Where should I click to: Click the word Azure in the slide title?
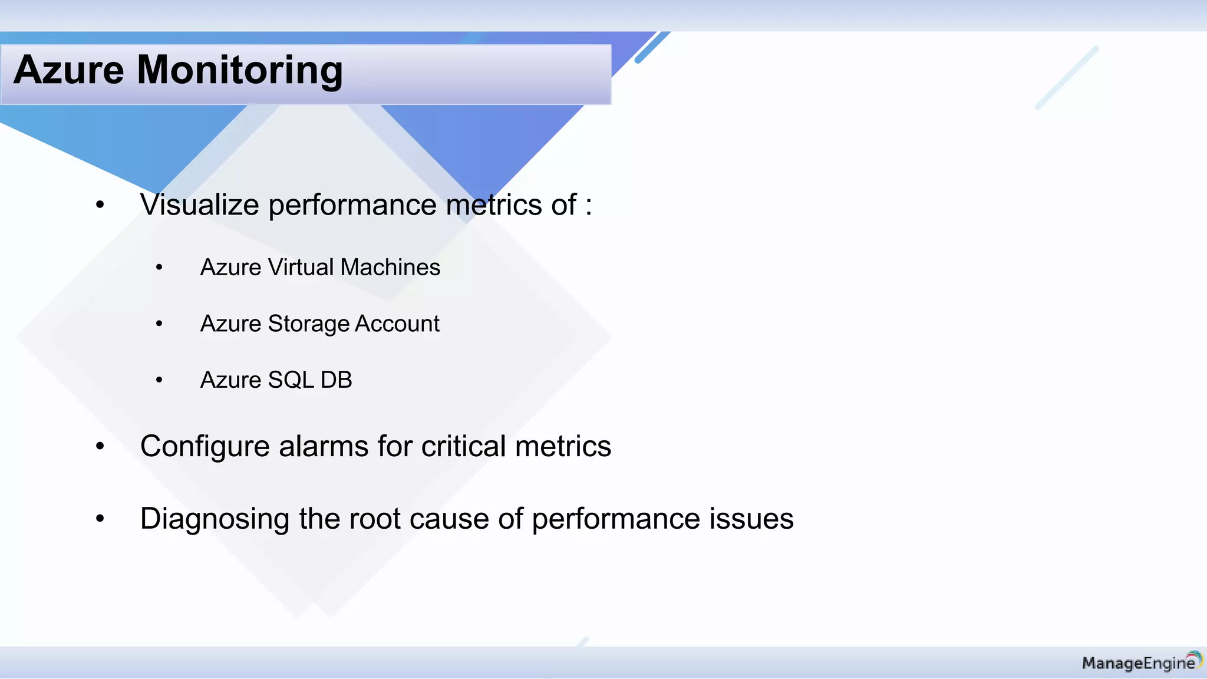click(69, 70)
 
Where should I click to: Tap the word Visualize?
click(199, 205)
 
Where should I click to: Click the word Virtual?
click(304, 268)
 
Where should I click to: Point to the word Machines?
click(390, 268)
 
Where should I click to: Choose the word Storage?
click(309, 324)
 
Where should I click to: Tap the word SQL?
click(291, 380)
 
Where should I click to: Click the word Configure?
click(204, 447)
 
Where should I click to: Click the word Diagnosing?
click(215, 519)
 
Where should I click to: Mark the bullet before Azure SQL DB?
click(159, 380)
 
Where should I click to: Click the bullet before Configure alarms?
click(100, 447)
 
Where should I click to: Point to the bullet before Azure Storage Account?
click(159, 324)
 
